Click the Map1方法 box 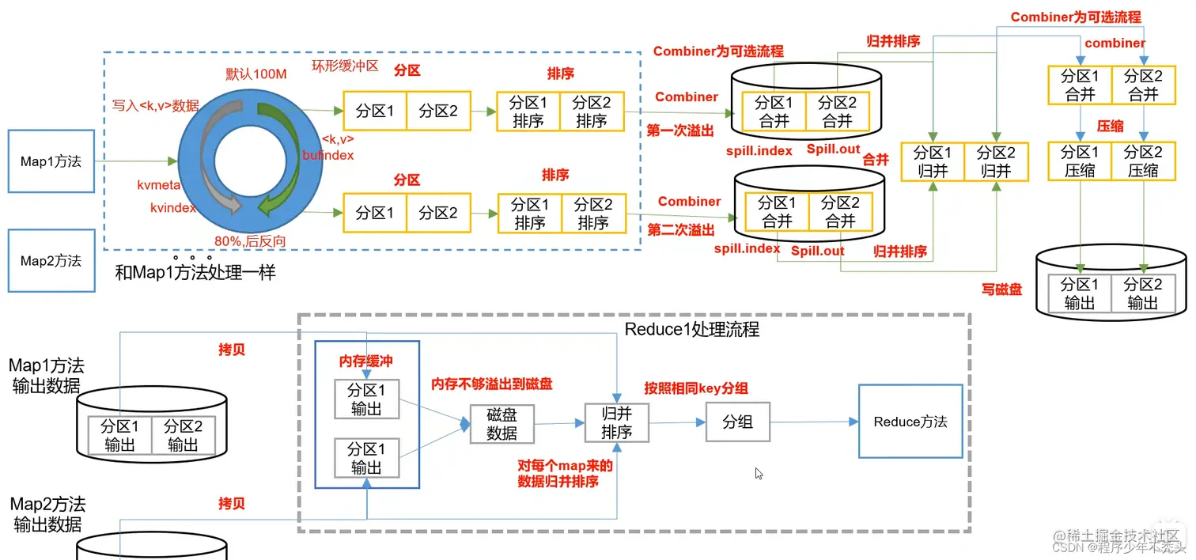51,162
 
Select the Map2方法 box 51,261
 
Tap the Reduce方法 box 910,422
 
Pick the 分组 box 737,422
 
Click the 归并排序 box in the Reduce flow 616,423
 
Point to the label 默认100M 255,74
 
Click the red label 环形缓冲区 346,66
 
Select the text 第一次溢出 680,131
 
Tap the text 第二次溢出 680,230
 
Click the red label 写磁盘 1001,289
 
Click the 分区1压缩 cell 1079,161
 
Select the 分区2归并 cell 995,161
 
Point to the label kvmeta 159,184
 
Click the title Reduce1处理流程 691,329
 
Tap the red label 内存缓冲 366,361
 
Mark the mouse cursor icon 759,474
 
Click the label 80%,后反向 250,240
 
